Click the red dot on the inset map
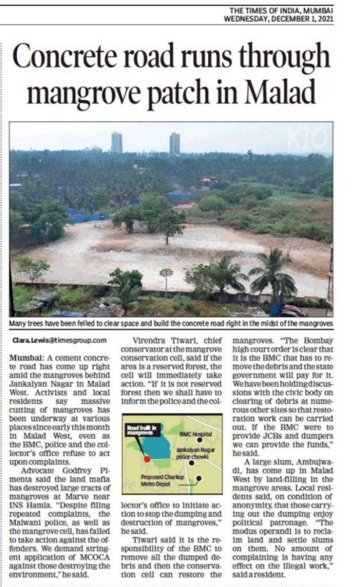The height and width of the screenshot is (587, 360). (x=148, y=459)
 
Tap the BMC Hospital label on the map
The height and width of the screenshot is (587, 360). (x=192, y=434)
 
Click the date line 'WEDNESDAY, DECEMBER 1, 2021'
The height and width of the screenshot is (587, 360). (x=278, y=18)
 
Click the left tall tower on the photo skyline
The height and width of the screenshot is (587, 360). (x=117, y=142)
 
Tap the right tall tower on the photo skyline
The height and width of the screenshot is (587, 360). (x=174, y=143)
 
